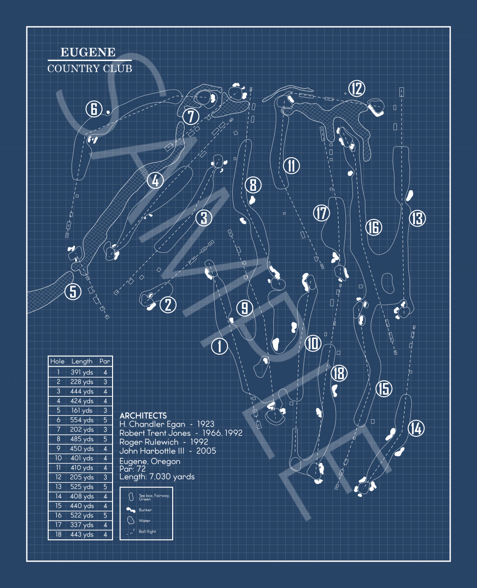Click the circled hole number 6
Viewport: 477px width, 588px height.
point(94,109)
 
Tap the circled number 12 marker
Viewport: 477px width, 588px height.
point(356,89)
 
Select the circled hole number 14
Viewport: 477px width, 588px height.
point(416,428)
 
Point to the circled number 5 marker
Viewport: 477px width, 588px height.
point(73,291)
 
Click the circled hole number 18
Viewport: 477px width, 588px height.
point(339,373)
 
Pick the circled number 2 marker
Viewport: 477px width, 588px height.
point(168,304)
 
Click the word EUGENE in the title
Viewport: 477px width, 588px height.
point(88,52)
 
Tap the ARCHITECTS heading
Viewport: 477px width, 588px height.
point(143,415)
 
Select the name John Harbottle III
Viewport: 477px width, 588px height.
point(147,451)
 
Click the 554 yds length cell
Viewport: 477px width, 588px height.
point(82,420)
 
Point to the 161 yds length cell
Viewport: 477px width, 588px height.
point(82,411)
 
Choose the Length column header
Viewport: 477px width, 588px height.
point(82,361)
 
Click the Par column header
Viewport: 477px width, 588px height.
point(105,361)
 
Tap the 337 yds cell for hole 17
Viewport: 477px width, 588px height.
point(82,525)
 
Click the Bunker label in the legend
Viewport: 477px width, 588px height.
point(145,510)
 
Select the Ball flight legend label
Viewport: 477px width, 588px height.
point(147,532)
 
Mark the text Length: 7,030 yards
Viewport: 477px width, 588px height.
point(157,476)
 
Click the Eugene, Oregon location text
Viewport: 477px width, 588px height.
point(150,462)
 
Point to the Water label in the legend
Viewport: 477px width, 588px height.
point(145,521)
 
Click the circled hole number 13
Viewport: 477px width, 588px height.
point(417,218)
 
